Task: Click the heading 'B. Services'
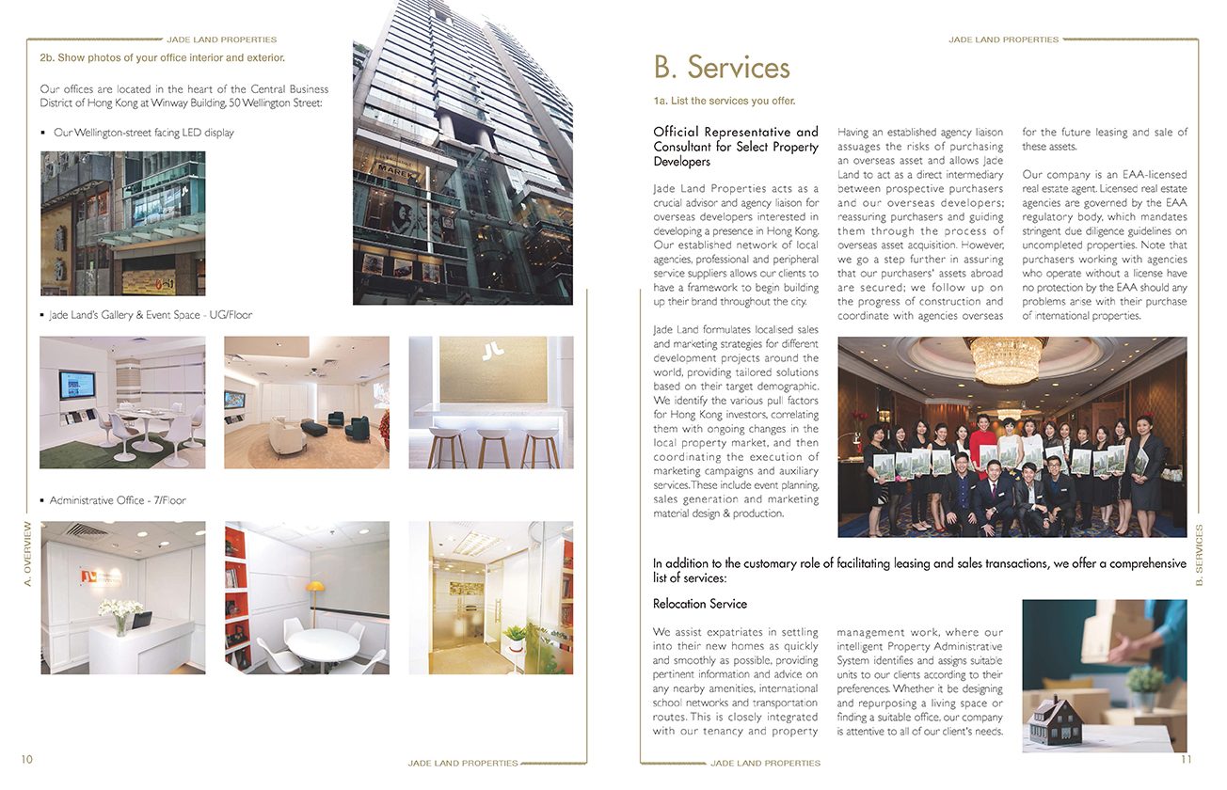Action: (722, 68)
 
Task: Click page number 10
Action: (26, 759)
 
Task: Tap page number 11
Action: (1186, 759)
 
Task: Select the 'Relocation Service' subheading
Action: (699, 604)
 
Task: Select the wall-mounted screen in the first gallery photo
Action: (76, 386)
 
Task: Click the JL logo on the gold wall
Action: (490, 352)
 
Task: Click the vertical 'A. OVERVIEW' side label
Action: (27, 554)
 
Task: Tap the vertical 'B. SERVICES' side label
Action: (1199, 555)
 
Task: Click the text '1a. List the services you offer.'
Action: (725, 101)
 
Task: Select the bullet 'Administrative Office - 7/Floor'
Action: (118, 500)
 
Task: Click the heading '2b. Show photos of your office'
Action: (162, 58)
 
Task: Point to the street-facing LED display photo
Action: (122, 224)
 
